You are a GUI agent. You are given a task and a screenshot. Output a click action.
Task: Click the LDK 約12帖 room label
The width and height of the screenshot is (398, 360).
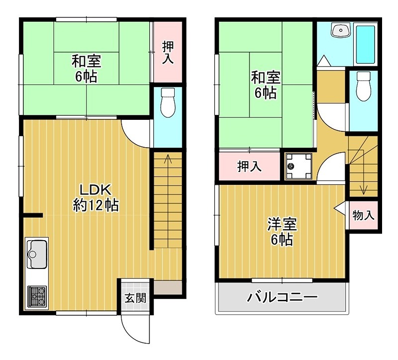click(96, 197)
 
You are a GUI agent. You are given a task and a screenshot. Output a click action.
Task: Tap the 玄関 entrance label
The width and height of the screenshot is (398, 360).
click(135, 298)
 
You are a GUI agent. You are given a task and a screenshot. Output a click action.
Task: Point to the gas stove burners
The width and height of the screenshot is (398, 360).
click(37, 295)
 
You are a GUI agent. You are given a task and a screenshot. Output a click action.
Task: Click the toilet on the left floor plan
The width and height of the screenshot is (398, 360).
click(168, 102)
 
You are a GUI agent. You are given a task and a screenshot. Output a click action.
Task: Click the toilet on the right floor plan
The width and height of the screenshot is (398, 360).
click(364, 86)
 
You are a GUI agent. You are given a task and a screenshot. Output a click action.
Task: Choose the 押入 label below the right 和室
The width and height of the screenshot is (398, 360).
click(249, 167)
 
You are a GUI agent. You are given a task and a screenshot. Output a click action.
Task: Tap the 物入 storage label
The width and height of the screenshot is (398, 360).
click(363, 216)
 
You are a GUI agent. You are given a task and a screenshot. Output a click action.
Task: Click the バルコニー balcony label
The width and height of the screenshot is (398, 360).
click(282, 298)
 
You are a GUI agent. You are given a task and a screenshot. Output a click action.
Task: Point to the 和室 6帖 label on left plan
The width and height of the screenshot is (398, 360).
click(87, 69)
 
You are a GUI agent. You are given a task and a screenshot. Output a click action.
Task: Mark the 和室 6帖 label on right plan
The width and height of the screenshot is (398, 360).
click(265, 85)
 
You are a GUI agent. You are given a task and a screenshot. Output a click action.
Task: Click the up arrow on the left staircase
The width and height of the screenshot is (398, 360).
click(168, 160)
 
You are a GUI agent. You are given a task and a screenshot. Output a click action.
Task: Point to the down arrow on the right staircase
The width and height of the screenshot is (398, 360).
click(364, 189)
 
